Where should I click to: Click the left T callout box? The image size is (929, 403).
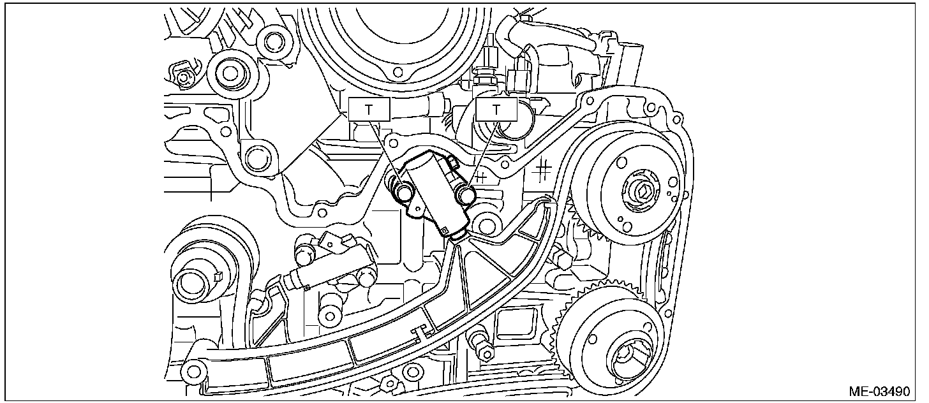368,109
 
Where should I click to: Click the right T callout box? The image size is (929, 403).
496,109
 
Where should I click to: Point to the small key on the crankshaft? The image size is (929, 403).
218,275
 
